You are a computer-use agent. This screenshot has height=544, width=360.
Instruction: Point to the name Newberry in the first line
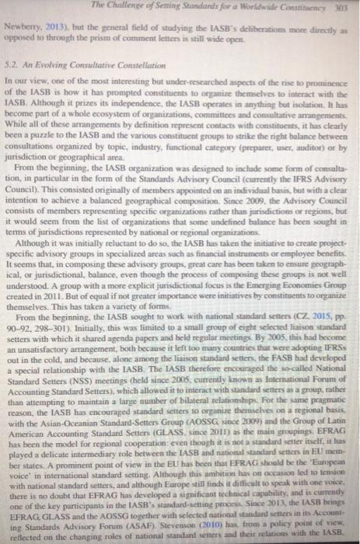click(x=25, y=25)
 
